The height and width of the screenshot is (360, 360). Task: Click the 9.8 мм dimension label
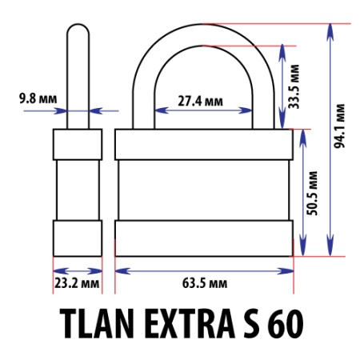[38, 98]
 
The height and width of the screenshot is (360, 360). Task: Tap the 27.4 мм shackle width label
[200, 102]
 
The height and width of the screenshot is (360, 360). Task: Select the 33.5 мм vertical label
[294, 86]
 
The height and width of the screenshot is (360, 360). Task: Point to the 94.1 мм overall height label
[339, 126]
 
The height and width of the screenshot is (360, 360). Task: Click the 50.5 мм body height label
[312, 193]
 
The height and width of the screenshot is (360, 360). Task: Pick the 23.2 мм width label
[77, 283]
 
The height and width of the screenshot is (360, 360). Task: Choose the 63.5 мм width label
[205, 283]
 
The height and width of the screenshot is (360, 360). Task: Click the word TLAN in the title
[97, 323]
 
